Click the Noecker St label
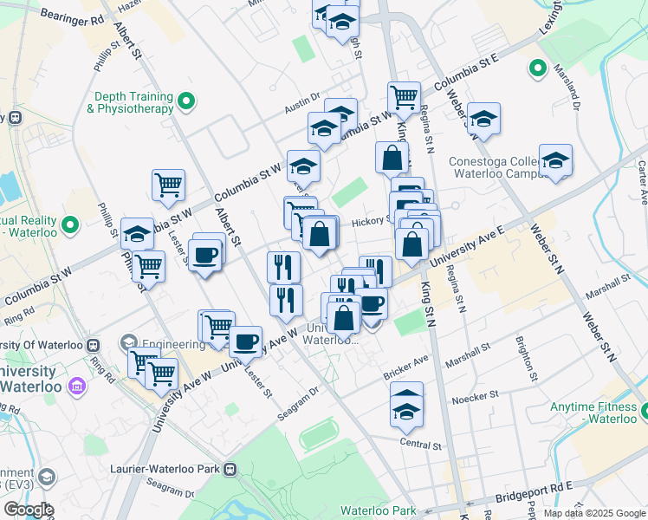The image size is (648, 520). (475, 399)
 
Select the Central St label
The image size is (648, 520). (421, 445)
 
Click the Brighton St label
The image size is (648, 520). (524, 359)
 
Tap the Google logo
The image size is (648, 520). (29, 510)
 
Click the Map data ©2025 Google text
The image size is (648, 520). (594, 513)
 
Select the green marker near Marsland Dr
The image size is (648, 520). (537, 68)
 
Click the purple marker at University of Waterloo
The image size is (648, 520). (77, 384)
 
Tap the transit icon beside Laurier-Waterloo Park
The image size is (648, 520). (230, 470)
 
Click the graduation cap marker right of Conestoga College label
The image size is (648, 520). (555, 161)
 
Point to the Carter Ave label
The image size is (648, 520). (643, 184)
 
